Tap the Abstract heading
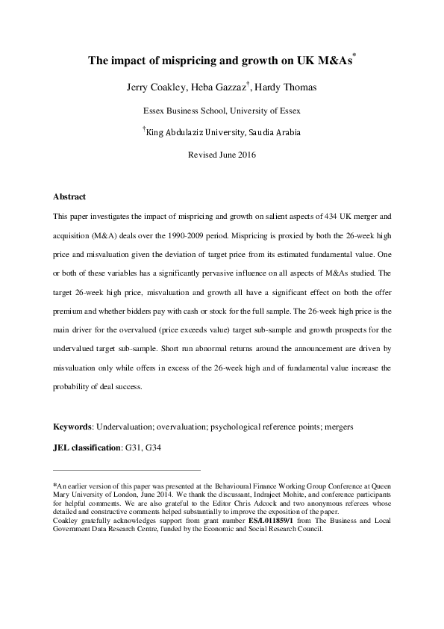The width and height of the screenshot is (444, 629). (x=69, y=197)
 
